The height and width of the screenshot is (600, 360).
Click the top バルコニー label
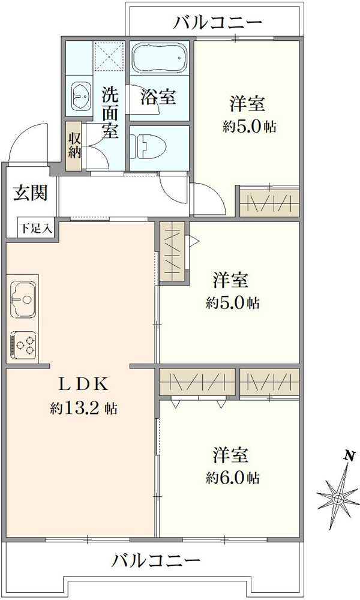218,23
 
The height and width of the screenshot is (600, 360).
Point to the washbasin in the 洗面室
80,95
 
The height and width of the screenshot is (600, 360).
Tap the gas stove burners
23,344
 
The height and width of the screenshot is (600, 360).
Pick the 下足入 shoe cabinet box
37,227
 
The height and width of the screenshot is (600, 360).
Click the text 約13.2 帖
83,409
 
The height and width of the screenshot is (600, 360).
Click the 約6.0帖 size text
233,478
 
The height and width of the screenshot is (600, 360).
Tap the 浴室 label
158,97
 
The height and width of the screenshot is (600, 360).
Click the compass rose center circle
337,497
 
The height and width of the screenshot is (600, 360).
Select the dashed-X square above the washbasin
110,56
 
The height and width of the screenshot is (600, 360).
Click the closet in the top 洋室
269,201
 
